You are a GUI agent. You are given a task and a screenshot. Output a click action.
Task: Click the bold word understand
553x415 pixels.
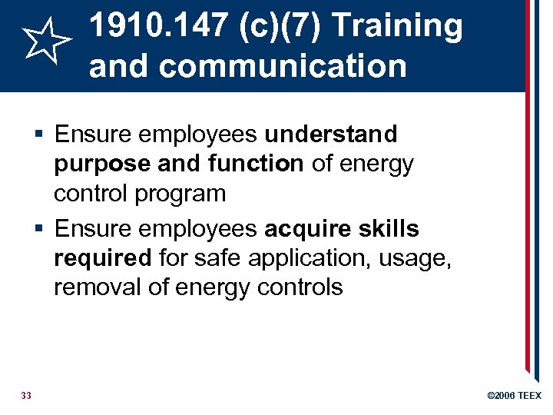(x=331, y=134)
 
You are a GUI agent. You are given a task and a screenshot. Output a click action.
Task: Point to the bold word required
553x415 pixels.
(x=103, y=258)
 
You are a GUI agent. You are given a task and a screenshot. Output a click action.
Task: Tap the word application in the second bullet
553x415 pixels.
(x=283, y=258)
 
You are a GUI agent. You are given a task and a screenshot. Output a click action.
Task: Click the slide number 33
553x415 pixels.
(x=26, y=395)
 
